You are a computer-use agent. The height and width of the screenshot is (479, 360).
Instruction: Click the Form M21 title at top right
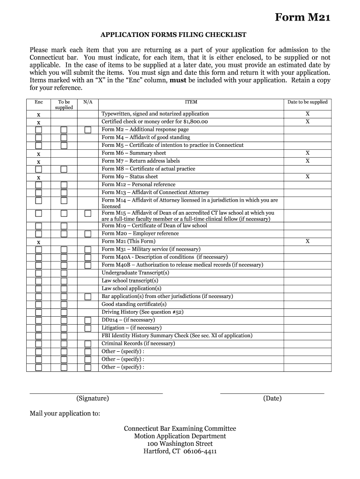coord(302,18)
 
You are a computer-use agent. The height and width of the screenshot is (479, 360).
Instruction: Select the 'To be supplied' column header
coord(64,104)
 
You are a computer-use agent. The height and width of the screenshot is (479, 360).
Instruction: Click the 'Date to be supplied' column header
coord(307,102)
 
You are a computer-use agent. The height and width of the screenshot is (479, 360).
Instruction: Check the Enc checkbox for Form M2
coord(38,130)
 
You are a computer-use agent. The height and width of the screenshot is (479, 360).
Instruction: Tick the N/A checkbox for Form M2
coord(88,130)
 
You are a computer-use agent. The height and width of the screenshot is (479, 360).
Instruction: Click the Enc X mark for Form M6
coord(38,154)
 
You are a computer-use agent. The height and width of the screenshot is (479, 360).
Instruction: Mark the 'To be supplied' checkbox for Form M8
coord(64,169)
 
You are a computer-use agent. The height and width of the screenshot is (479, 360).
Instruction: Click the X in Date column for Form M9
coord(307,177)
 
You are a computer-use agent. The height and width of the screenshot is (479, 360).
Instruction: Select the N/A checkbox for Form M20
coord(88,233)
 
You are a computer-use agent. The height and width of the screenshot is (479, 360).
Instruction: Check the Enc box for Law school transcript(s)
coord(38,281)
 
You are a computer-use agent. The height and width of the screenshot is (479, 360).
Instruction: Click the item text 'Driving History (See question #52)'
coord(142,312)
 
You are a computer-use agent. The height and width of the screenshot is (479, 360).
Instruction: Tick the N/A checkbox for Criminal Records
coord(88,344)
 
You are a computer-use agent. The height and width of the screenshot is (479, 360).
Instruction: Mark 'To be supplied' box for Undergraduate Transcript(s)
coord(64,273)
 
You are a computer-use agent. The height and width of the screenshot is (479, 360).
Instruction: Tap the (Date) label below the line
coord(272,399)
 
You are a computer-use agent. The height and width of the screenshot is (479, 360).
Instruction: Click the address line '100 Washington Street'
coord(180,443)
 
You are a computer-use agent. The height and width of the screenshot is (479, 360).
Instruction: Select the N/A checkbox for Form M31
coord(88,249)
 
